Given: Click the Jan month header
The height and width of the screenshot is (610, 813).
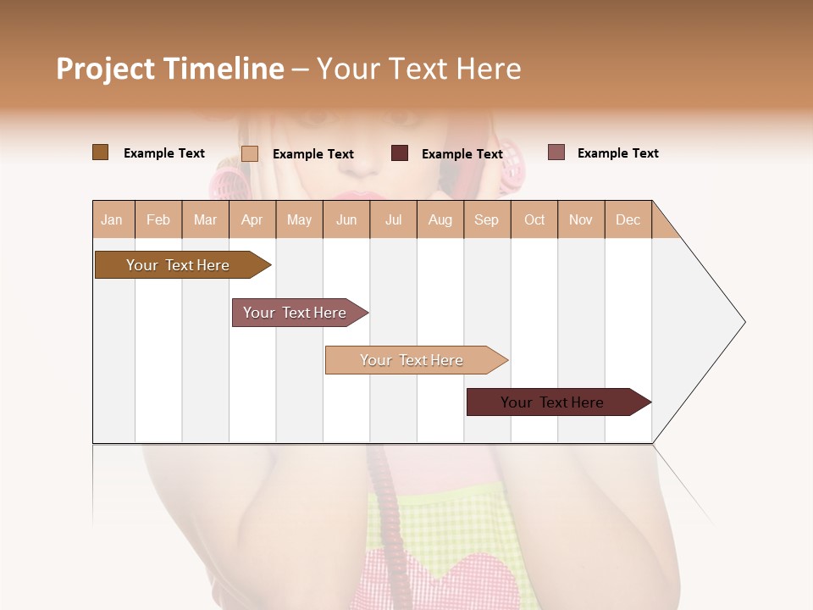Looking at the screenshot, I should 112,219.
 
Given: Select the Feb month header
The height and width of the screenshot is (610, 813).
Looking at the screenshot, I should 158,219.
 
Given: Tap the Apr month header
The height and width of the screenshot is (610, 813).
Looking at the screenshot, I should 252,219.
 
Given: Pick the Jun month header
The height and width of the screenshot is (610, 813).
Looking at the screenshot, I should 346,219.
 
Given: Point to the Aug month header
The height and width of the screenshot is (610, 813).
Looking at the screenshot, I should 440,219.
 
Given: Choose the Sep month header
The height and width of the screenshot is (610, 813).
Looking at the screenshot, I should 486,219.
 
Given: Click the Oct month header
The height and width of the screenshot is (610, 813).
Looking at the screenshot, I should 534,219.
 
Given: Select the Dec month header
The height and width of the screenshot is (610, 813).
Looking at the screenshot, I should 628,219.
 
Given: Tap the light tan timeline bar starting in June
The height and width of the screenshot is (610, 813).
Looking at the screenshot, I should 412,360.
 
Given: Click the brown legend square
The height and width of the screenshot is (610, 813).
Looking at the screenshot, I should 100,152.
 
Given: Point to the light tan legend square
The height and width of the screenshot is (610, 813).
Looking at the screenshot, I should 250,153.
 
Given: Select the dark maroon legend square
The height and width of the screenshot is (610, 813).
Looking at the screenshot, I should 400,153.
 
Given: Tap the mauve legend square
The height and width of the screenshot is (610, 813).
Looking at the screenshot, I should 556,152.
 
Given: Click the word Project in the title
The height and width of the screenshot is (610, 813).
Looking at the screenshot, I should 105,69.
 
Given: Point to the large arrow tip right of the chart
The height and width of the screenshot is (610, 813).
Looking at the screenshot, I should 728,322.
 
